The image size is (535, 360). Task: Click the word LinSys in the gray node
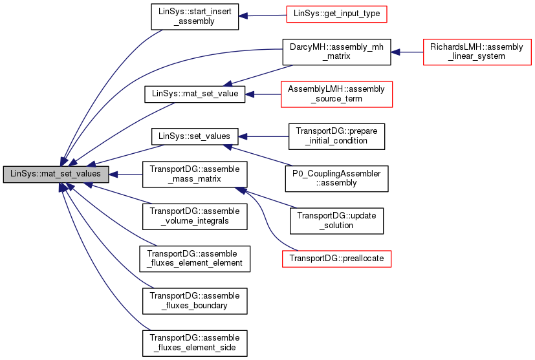click(22, 174)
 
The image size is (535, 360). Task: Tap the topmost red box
click(336, 14)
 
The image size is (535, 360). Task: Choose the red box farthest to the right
click(477, 52)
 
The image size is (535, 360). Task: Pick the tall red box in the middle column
click(336, 94)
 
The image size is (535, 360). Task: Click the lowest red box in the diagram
click(336, 259)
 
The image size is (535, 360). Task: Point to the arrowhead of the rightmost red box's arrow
click(395, 52)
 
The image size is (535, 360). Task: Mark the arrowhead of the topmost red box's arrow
click(243, 16)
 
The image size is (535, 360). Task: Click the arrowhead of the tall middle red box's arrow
click(250, 94)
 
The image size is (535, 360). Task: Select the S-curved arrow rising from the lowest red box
click(265, 220)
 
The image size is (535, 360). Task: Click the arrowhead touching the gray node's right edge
click(113, 175)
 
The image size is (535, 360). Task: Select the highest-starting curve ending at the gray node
click(110, 65)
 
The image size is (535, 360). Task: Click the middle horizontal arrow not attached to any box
click(265, 136)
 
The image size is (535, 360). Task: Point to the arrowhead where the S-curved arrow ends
click(240, 190)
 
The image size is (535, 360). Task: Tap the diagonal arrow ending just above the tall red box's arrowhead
click(259, 75)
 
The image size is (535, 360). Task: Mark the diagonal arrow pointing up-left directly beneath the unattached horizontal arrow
click(259, 156)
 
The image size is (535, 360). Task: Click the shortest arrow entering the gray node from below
click(120, 194)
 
